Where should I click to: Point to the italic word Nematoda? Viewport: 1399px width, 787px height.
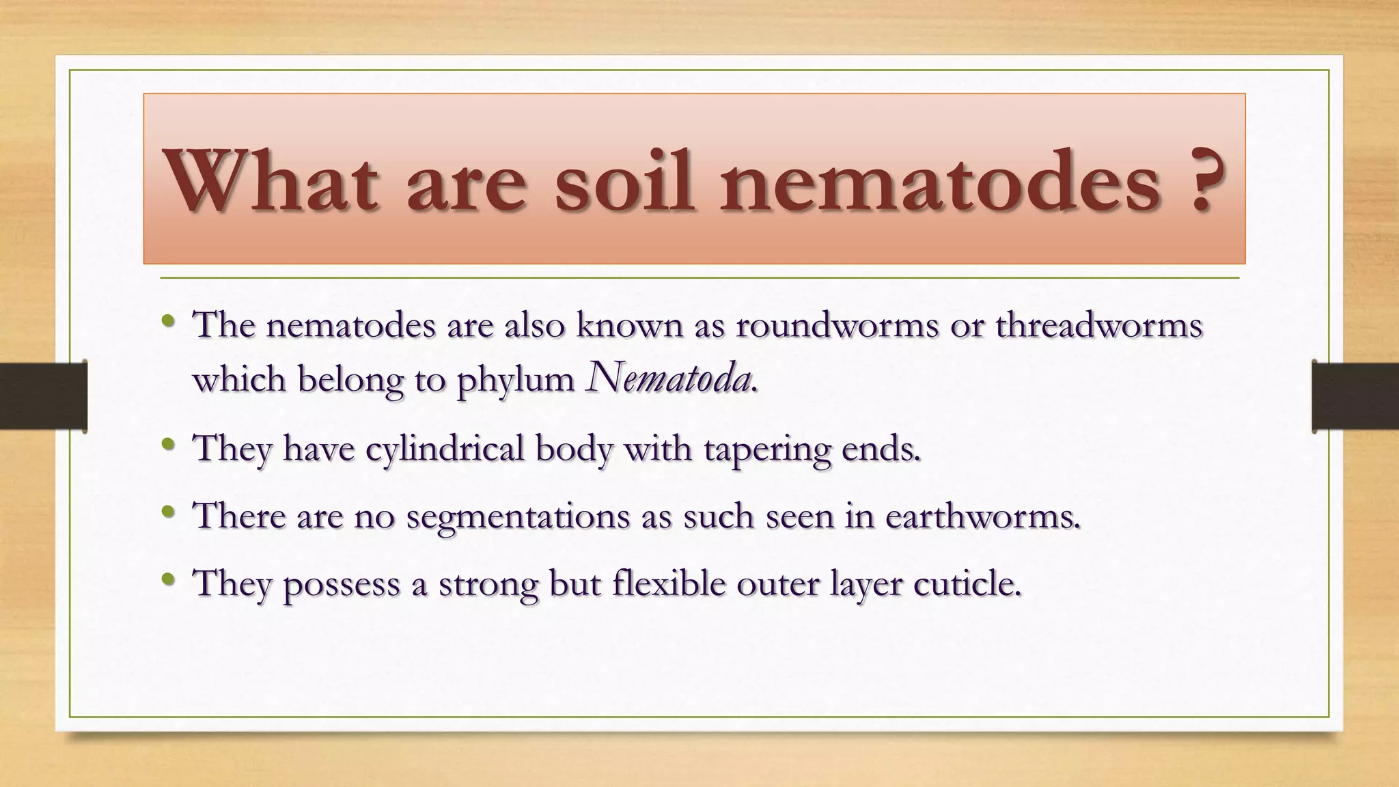click(669, 378)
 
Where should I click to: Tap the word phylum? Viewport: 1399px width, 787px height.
click(515, 381)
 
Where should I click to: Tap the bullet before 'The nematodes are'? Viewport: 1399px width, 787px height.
click(169, 320)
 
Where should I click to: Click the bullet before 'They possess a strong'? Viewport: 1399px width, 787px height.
click(169, 580)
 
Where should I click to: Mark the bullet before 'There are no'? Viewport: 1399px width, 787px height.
click(169, 512)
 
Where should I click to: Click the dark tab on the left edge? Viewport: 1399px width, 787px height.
click(42, 396)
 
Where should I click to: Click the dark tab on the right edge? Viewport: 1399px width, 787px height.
click(1356, 396)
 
